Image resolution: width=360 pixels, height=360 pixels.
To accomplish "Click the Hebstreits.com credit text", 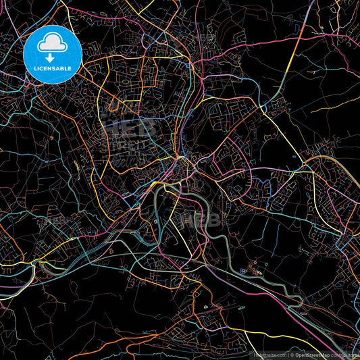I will coord(269,355).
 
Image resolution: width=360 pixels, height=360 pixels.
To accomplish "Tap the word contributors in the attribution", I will coord(347,355).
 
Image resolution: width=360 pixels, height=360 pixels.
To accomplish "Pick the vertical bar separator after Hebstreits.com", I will coord(288,355).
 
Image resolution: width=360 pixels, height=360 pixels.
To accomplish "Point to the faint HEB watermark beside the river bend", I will coord(189,220).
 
